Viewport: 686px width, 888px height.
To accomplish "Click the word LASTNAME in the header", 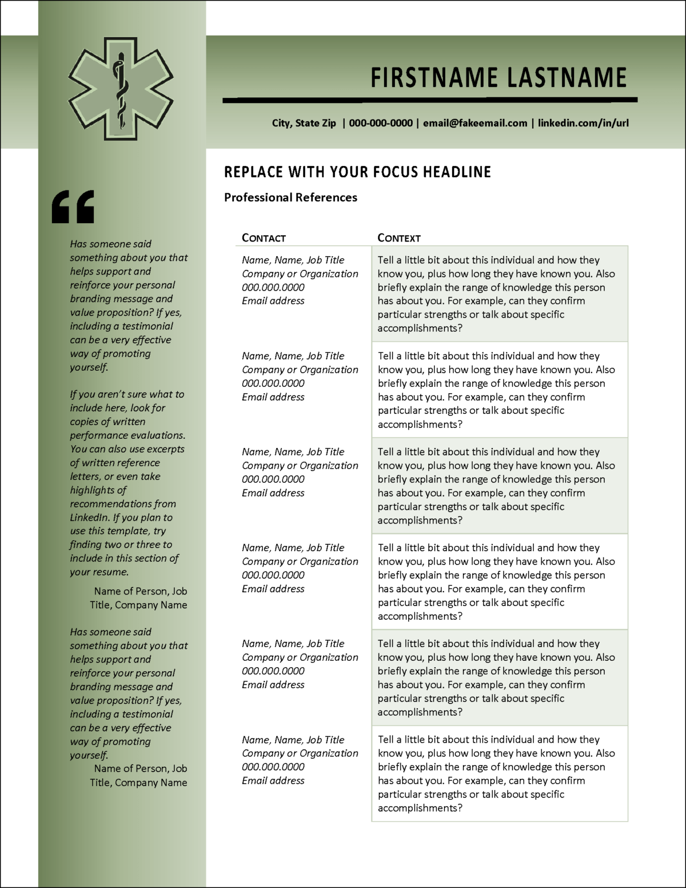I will click(567, 78).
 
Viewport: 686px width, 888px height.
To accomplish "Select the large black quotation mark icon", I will click(73, 207).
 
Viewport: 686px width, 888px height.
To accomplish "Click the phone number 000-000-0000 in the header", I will click(381, 123).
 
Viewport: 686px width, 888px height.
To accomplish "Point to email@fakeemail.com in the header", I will click(475, 123).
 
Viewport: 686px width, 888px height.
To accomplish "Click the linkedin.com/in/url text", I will click(583, 123).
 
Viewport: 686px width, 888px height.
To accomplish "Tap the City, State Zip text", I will click(304, 123).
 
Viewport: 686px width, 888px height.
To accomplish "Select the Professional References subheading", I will click(290, 197).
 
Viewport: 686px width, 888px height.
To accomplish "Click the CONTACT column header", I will click(264, 238).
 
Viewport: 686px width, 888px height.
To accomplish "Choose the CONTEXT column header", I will click(399, 238).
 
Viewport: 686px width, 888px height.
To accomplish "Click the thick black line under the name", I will click(430, 101).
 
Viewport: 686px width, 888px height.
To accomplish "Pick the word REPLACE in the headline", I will click(254, 172).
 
